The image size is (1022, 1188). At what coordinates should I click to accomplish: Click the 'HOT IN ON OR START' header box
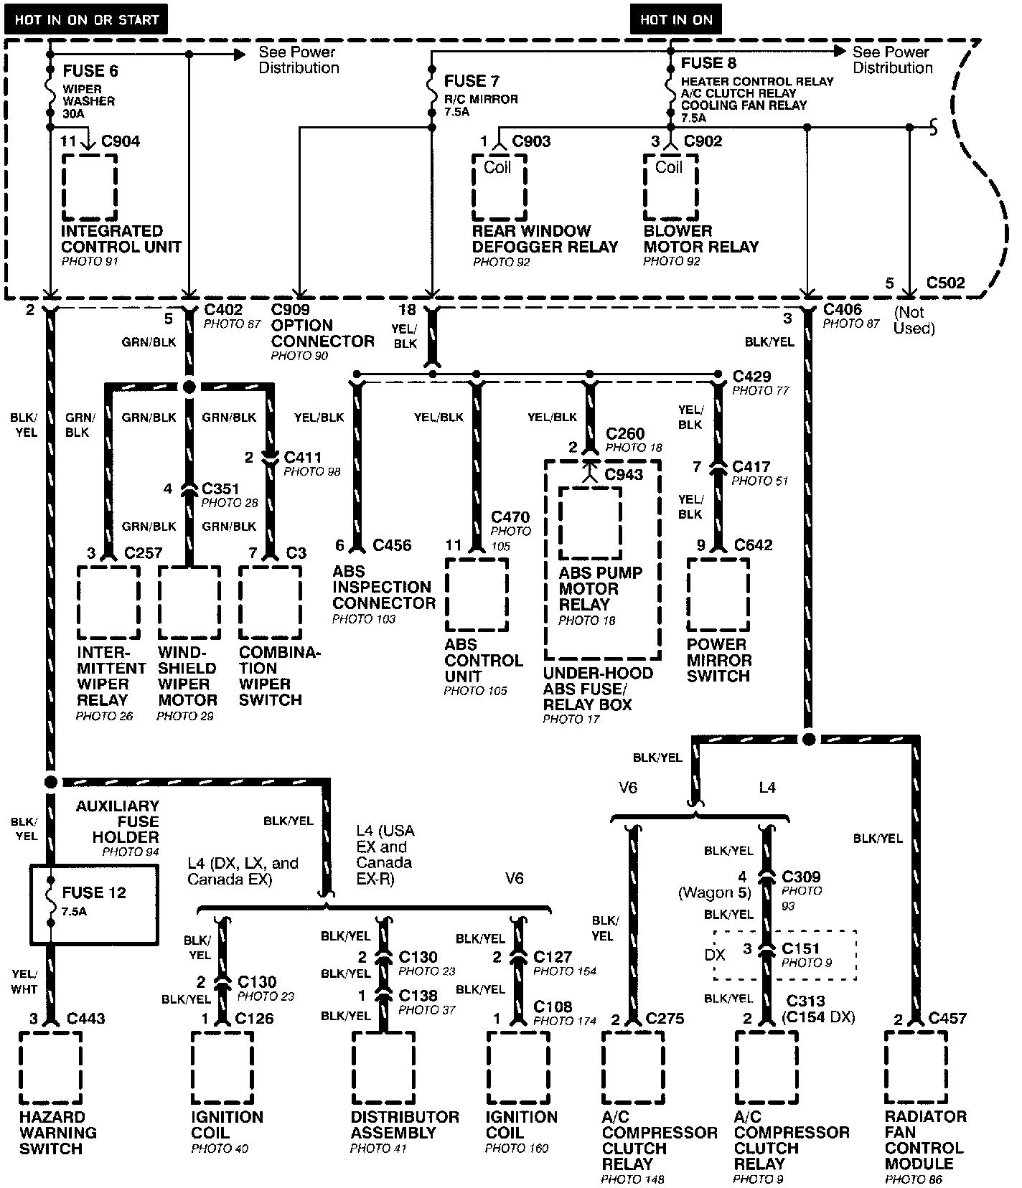click(x=85, y=19)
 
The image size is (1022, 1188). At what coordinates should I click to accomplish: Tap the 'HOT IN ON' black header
click(x=675, y=19)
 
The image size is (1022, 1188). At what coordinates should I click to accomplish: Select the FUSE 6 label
click(x=90, y=71)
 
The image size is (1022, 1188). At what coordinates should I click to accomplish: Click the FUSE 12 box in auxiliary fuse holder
click(x=93, y=904)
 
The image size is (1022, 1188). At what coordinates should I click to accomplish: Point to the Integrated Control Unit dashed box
click(x=90, y=187)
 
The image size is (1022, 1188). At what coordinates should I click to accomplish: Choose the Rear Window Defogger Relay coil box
click(x=499, y=188)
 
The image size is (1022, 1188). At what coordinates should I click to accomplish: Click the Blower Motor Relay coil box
click(x=670, y=188)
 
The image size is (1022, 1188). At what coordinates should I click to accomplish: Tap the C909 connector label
click(x=291, y=310)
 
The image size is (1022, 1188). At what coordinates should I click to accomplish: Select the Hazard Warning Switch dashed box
click(x=50, y=1068)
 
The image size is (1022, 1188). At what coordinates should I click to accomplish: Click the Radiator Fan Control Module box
click(x=916, y=1067)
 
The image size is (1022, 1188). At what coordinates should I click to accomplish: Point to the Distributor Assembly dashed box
click(x=383, y=1068)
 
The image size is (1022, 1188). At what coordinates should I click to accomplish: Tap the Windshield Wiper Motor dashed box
click(x=189, y=603)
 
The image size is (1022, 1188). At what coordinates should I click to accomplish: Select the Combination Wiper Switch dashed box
click(x=270, y=603)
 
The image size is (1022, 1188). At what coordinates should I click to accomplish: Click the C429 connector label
click(x=751, y=377)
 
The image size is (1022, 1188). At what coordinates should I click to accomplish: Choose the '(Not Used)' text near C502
click(x=914, y=321)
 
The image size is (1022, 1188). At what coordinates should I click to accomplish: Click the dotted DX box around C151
click(x=784, y=955)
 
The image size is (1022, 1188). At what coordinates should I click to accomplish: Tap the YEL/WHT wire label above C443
click(x=24, y=981)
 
